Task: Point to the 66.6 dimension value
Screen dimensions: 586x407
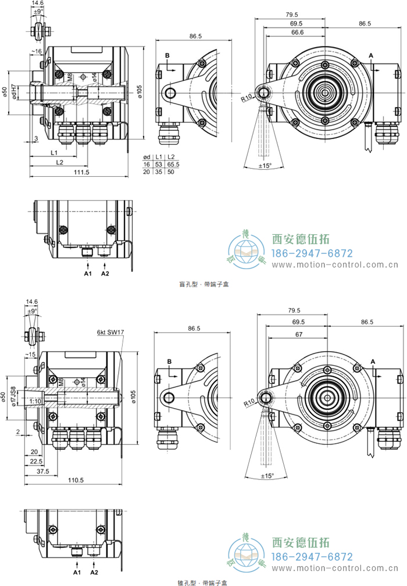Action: tap(297, 33)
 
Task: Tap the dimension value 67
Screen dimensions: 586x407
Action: tap(298, 335)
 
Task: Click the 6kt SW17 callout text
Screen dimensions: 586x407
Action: tap(110, 333)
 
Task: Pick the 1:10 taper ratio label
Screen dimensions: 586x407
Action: tap(35, 401)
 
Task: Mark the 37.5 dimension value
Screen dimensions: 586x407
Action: tap(43, 471)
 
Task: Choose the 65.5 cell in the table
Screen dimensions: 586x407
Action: tap(173, 165)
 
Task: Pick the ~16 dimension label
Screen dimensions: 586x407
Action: tap(37, 52)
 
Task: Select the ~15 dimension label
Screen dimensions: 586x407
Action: tap(31, 354)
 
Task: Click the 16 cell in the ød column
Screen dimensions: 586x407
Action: tap(147, 165)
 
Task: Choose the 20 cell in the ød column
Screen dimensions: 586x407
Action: tap(147, 172)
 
